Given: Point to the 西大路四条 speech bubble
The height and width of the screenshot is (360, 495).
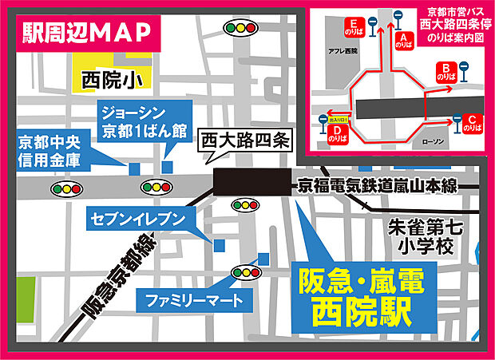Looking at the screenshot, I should pos(245,142).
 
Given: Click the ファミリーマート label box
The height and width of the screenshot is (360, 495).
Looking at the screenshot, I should pos(188,300).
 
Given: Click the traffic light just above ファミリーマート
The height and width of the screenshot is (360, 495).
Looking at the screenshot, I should pos(244,274).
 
